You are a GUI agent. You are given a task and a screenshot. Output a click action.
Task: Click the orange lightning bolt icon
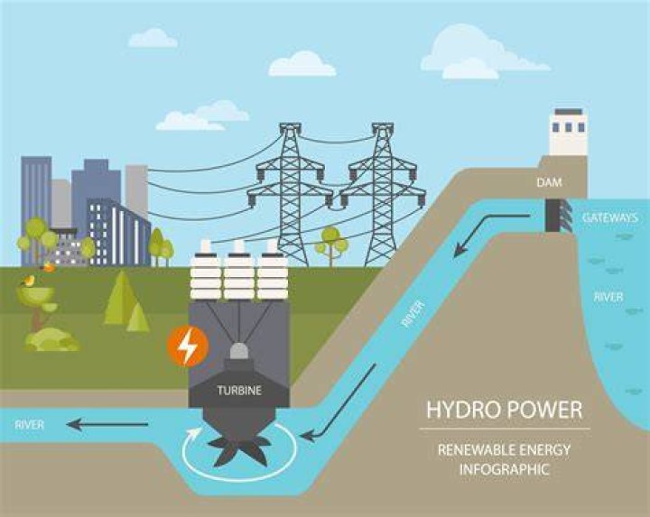point(188,346)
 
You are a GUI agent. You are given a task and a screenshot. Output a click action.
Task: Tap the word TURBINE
point(239,391)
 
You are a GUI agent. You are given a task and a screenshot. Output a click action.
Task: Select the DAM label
point(549,182)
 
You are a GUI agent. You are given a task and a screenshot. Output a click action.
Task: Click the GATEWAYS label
point(609,218)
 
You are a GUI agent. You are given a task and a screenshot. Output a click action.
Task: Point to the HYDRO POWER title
point(505,410)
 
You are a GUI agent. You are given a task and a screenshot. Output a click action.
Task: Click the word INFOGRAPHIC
point(504,469)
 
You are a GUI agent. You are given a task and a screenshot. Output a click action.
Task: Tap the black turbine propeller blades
point(239,450)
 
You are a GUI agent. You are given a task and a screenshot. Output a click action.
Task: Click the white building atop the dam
point(568,132)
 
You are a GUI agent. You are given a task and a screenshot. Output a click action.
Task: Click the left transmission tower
point(291,194)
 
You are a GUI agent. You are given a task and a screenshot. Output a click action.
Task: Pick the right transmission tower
point(383,194)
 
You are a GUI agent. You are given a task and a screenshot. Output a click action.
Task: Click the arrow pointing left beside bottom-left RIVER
point(107,424)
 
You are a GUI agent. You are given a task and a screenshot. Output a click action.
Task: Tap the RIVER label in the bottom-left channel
point(30,425)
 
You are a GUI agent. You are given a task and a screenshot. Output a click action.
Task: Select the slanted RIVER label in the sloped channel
point(413,314)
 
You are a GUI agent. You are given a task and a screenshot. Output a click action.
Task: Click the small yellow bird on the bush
point(29,281)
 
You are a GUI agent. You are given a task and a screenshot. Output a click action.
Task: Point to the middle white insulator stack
point(239,270)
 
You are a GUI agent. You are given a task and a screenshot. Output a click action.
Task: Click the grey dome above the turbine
point(239,351)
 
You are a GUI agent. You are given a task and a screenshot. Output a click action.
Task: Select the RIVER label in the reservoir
point(608,297)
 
